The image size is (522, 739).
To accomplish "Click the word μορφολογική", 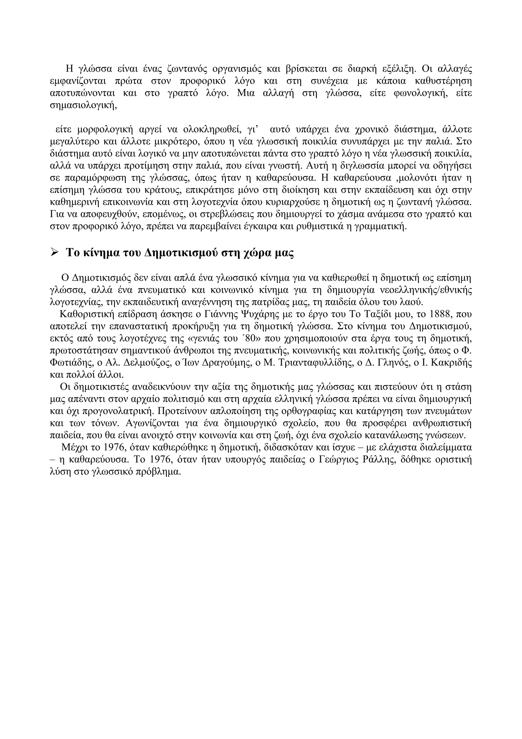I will point(105,130).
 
